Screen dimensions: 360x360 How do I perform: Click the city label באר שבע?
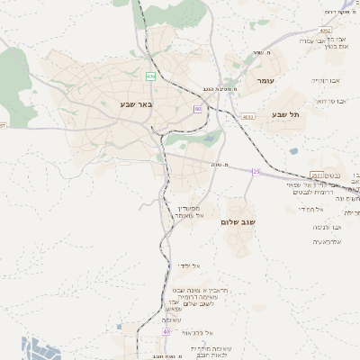coord(137,104)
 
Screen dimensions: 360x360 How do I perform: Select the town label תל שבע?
coord(283,114)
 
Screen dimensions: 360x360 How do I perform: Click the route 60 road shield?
coord(197,109)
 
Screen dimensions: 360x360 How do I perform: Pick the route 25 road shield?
coord(256,171)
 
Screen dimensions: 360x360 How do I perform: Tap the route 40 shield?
coord(166,332)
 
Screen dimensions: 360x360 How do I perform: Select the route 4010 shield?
coord(248,116)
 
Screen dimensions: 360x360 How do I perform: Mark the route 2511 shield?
coord(316,175)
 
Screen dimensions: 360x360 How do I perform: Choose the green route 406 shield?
coord(150,76)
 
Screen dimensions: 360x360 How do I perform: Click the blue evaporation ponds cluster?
coord(41,347)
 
